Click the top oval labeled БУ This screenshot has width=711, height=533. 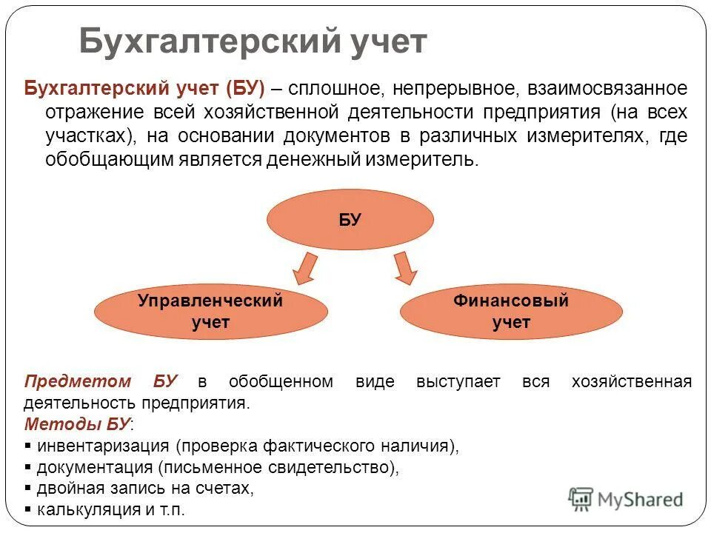(350, 220)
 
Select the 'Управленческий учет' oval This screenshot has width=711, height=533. (210, 312)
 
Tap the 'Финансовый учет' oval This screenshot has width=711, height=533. (511, 312)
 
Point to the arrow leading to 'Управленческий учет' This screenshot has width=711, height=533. (304, 268)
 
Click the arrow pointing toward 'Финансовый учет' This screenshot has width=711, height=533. (404, 268)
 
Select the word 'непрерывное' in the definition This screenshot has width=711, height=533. (455, 89)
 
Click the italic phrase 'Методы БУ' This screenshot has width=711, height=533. (77, 425)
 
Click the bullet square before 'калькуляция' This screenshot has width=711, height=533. (28, 510)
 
